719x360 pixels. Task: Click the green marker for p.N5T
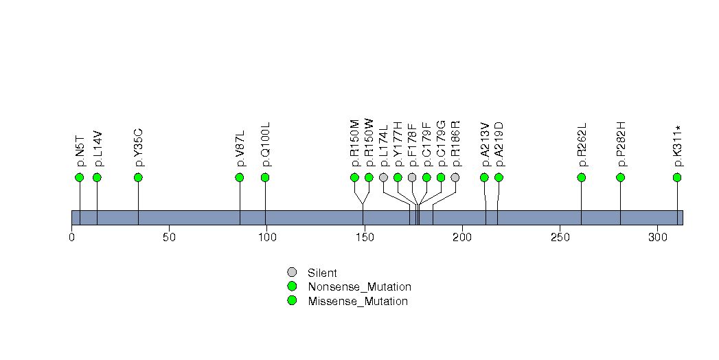click(x=79, y=177)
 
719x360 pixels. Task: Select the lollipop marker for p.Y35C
click(x=138, y=177)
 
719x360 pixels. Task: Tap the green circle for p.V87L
click(x=240, y=177)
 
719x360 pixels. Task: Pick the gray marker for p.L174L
click(x=383, y=177)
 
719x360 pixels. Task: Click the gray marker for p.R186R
click(x=455, y=177)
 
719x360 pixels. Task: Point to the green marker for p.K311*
click(x=677, y=177)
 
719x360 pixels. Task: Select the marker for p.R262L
click(x=582, y=177)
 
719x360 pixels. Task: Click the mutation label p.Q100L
click(x=266, y=144)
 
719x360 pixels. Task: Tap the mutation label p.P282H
click(x=621, y=144)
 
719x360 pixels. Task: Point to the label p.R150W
click(x=369, y=143)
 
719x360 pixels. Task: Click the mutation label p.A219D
click(x=499, y=144)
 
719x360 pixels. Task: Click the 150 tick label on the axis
click(x=365, y=238)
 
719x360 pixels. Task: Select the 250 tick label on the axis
click(x=560, y=238)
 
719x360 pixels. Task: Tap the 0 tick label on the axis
click(x=71, y=238)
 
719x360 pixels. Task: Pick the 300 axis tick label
click(x=658, y=238)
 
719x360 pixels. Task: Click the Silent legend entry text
click(x=323, y=273)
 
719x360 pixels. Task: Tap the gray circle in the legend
click(x=292, y=272)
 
